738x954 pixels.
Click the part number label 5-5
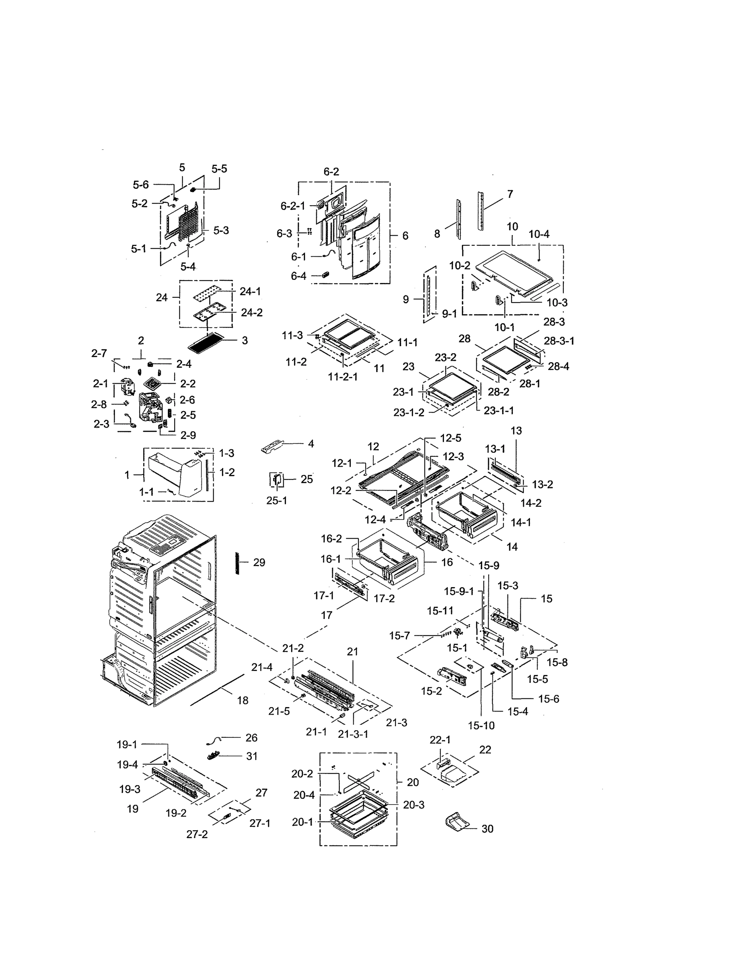tap(219, 169)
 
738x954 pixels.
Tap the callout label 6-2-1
tap(292, 206)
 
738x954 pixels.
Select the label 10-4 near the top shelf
tap(539, 234)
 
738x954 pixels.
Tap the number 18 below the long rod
tap(243, 701)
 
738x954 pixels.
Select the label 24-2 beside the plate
tap(251, 313)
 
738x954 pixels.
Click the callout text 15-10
tap(481, 726)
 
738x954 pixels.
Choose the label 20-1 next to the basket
tap(302, 822)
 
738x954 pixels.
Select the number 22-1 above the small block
tap(440, 740)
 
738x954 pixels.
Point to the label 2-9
tap(188, 435)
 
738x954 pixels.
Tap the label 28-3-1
tap(559, 341)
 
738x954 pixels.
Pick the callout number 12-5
tap(450, 438)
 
